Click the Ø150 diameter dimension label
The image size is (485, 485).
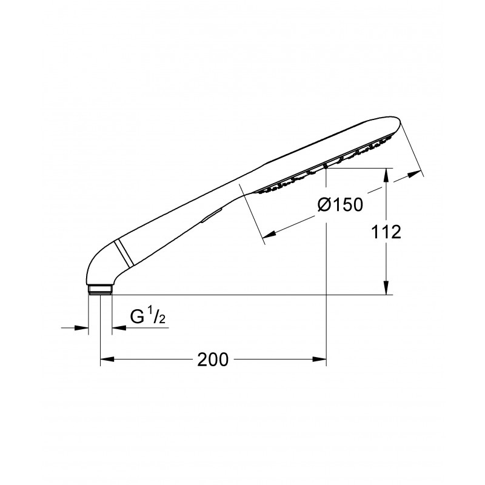340,204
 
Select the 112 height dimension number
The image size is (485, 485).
386,232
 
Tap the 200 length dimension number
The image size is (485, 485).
213,360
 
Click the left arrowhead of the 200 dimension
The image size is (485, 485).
107,359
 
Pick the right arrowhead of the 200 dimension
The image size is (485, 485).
319,359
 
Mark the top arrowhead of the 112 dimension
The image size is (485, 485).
386,175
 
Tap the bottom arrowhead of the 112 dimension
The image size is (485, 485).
386,287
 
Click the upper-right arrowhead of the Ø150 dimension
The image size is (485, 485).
414,175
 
